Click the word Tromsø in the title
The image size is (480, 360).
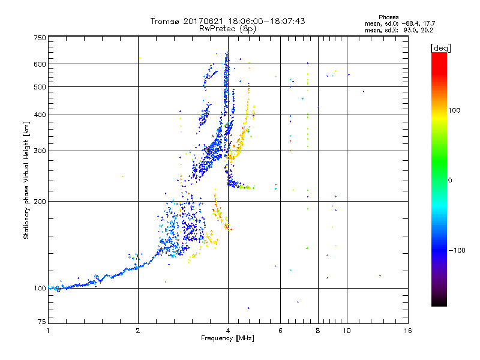tap(166, 21)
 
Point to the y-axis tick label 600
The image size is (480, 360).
tap(40, 64)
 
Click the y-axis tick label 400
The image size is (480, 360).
tap(40, 115)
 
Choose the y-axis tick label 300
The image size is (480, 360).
tap(40, 151)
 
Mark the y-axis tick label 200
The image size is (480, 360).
tap(40, 201)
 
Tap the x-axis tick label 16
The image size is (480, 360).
tap(407, 331)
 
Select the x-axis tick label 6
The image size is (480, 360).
tap(280, 331)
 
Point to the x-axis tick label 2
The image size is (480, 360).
tap(138, 331)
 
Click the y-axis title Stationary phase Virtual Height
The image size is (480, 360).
tap(26, 180)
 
